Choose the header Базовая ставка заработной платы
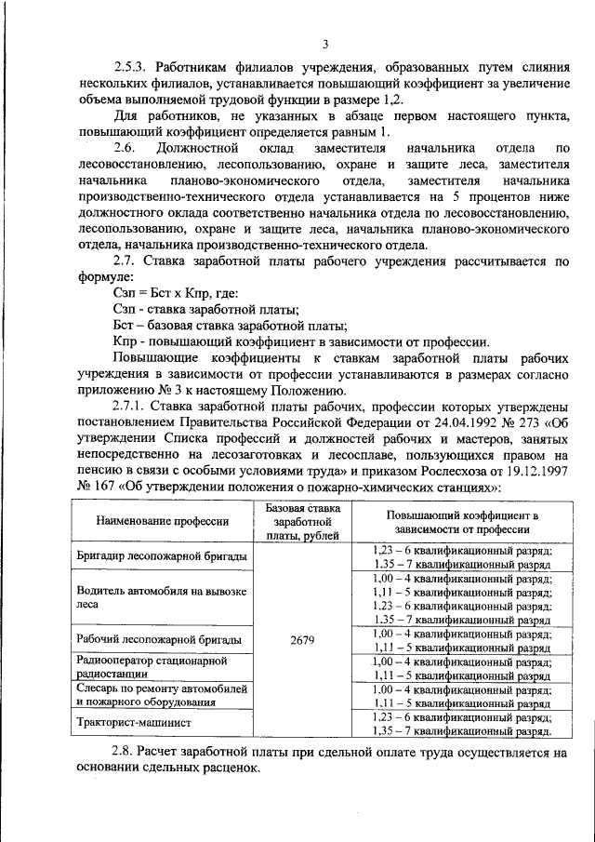302,522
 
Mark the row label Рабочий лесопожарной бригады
159,639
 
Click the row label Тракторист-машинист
135,721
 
